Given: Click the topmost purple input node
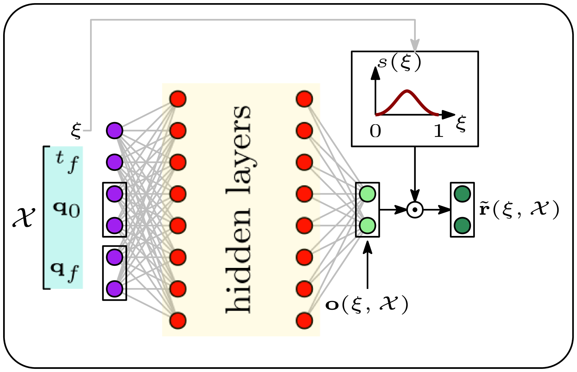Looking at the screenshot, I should (x=115, y=130).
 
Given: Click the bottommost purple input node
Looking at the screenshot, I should (x=115, y=288).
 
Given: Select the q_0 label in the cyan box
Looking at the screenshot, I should (x=66, y=209).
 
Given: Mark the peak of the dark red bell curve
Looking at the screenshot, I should (x=407, y=91).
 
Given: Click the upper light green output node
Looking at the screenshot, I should (x=367, y=194).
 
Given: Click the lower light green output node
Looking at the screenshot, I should (x=367, y=225).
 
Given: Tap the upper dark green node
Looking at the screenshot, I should (x=462, y=194).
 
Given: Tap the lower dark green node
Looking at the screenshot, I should (x=462, y=225).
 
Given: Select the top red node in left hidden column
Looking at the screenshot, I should (x=178, y=99).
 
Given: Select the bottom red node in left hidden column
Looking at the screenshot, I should (x=178, y=320).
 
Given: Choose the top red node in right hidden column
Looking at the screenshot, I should (x=304, y=99).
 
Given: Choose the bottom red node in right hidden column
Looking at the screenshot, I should (x=304, y=320).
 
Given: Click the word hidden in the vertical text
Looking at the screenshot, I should (x=239, y=261).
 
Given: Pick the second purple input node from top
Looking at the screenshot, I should (x=115, y=162).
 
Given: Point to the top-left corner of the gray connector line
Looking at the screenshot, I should (x=91, y=20).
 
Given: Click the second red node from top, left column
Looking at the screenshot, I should (x=178, y=130).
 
